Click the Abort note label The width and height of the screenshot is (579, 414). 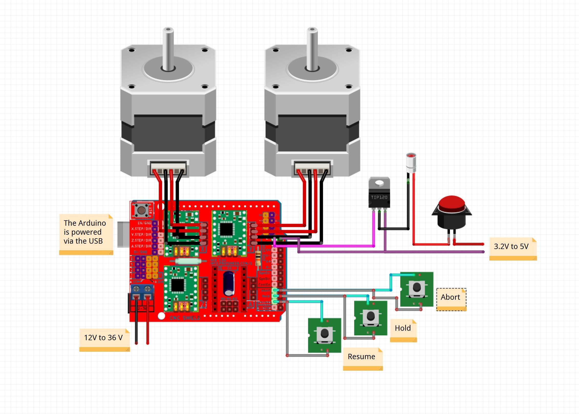451,297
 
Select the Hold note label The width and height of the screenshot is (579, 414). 403,328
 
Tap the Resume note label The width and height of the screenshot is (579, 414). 362,357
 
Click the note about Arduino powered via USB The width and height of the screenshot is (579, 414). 86,232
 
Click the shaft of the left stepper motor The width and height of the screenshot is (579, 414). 168,49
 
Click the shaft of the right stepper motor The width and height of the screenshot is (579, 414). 312,49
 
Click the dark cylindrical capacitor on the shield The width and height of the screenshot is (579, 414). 229,283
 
